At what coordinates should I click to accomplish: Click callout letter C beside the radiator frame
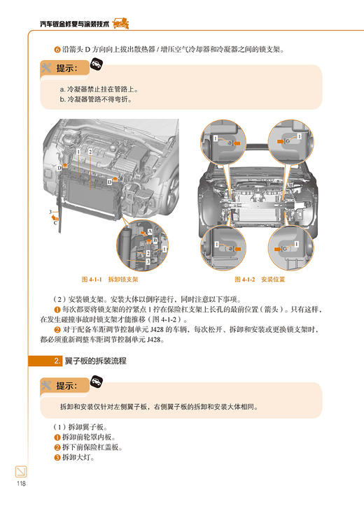coord(55,224)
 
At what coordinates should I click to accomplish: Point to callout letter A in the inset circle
coord(148,231)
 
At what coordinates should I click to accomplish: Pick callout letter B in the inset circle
coord(155,240)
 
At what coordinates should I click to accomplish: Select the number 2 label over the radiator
coord(90,152)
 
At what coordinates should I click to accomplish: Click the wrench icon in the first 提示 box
coord(47,68)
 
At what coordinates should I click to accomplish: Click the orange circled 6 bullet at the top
coord(57,49)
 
